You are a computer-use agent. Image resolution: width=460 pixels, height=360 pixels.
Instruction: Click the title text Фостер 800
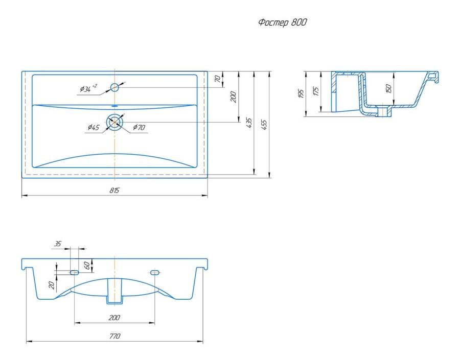(x=283, y=22)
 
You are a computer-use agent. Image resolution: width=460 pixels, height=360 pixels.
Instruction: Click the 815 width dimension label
(x=114, y=190)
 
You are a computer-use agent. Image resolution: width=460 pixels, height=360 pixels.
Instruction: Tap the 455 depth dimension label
(x=264, y=125)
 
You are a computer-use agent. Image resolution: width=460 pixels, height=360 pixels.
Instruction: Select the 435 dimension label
(x=249, y=123)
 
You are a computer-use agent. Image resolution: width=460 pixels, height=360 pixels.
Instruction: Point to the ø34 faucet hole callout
(x=88, y=88)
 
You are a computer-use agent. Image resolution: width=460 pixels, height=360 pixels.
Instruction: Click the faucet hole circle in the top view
(x=114, y=87)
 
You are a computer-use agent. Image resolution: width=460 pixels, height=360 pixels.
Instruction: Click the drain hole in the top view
(x=114, y=122)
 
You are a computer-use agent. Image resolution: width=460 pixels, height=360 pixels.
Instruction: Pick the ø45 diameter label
(x=94, y=127)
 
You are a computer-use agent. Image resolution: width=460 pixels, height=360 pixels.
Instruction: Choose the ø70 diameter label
(x=139, y=127)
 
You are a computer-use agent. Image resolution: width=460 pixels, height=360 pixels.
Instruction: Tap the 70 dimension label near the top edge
(x=218, y=79)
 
